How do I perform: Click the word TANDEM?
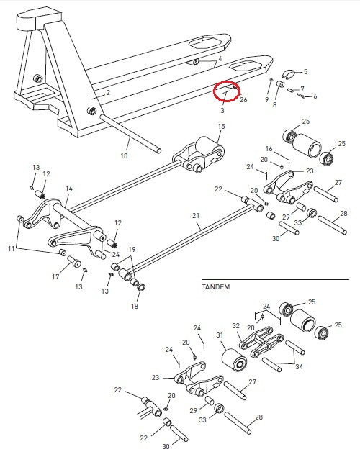pyautogui.click(x=216, y=286)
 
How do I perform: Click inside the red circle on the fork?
pyautogui.click(x=227, y=91)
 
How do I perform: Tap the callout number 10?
pyautogui.click(x=124, y=156)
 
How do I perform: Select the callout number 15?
pyautogui.click(x=222, y=126)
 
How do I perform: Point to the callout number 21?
pyautogui.click(x=196, y=216)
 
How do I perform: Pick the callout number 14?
pyautogui.click(x=69, y=189)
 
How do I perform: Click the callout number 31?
pyautogui.click(x=220, y=335)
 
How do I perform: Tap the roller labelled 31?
pyautogui.click(x=235, y=361)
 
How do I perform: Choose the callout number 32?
pyautogui.click(x=236, y=326)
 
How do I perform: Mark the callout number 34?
pyautogui.click(x=299, y=367)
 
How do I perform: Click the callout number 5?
pyautogui.click(x=305, y=72)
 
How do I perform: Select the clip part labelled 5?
pyautogui.click(x=288, y=75)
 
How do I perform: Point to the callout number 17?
pyautogui.click(x=55, y=276)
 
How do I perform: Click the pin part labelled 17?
pyautogui.click(x=74, y=261)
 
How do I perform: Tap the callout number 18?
pyautogui.click(x=135, y=306)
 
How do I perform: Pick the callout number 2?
pyautogui.click(x=108, y=93)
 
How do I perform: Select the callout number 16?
pyautogui.click(x=269, y=149)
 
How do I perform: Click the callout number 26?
pyautogui.click(x=243, y=100)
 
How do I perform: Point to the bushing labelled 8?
pyautogui.click(x=281, y=85)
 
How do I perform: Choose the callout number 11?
pyautogui.click(x=12, y=248)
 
